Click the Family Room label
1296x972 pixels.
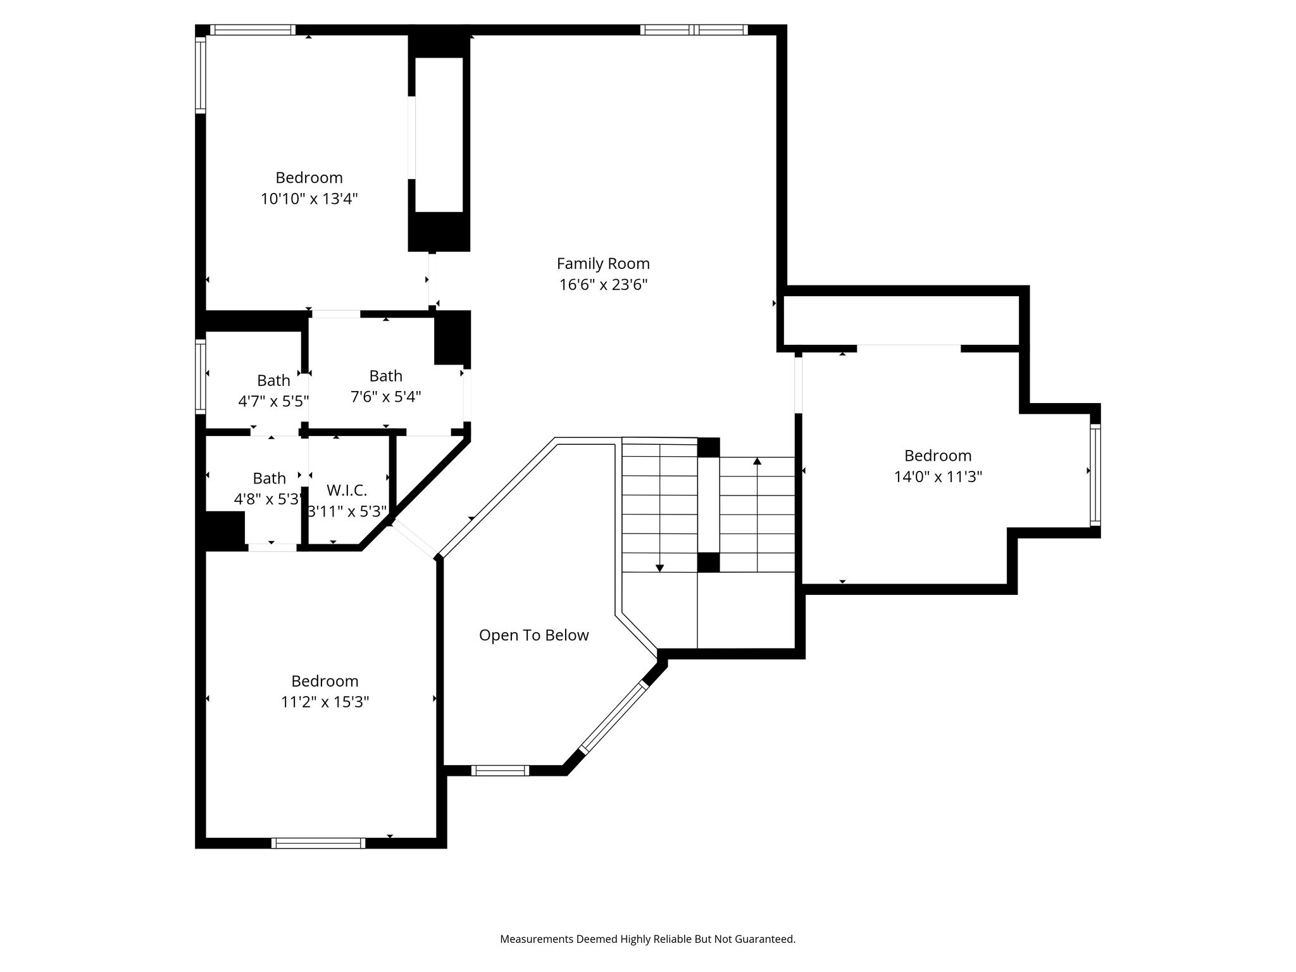click(x=603, y=263)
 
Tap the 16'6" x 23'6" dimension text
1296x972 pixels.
click(x=603, y=285)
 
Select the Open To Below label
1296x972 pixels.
click(x=533, y=635)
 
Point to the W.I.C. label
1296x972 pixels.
click(x=347, y=490)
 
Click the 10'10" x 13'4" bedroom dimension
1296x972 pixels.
click(x=309, y=199)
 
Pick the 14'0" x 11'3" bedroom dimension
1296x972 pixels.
click(x=938, y=477)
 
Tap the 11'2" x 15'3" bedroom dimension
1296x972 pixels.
click(x=325, y=702)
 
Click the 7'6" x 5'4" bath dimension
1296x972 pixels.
click(x=386, y=397)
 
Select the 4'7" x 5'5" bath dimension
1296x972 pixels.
click(x=273, y=401)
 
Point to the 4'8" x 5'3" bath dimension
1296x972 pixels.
click(x=268, y=499)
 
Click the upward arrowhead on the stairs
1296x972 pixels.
click(x=757, y=461)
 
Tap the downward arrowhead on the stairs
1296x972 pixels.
click(x=659, y=568)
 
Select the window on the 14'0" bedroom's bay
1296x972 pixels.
click(x=1095, y=475)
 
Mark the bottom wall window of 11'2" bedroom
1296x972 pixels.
click(x=318, y=843)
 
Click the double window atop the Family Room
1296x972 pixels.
click(x=694, y=30)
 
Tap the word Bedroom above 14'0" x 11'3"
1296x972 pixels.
click(x=938, y=456)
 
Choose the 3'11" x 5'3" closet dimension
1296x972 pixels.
click(x=347, y=511)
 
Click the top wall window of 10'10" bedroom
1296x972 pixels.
click(x=252, y=30)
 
